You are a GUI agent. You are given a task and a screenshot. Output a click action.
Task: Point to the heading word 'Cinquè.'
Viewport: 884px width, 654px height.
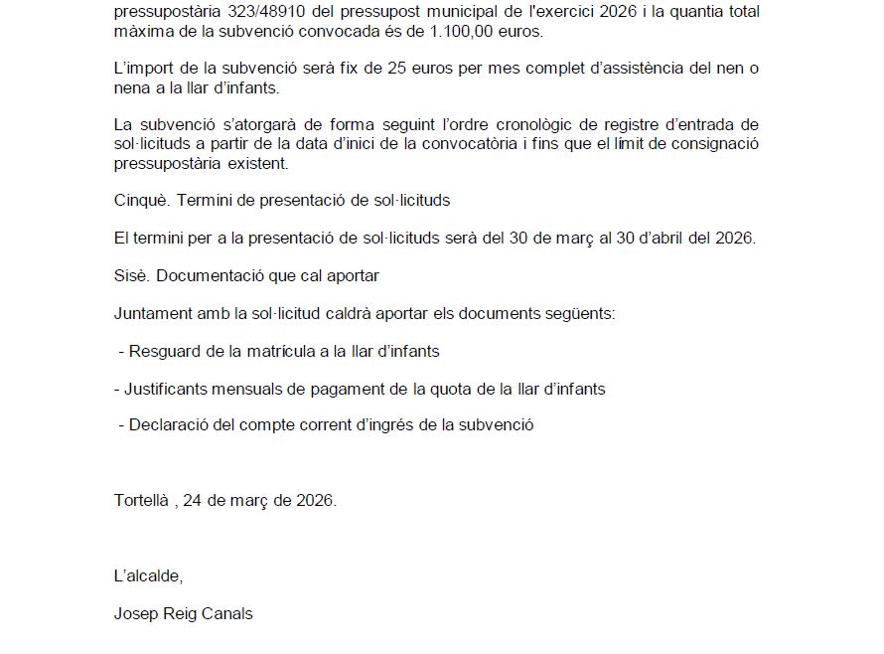click(143, 200)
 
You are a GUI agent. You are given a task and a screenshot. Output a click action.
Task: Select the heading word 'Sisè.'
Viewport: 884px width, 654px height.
click(132, 275)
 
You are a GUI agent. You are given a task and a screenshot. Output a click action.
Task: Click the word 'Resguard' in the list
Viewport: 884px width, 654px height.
click(162, 352)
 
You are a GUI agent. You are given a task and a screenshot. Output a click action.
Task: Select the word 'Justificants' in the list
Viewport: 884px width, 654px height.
click(157, 389)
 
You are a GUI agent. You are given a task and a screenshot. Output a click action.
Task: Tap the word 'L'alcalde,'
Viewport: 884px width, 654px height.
click(149, 575)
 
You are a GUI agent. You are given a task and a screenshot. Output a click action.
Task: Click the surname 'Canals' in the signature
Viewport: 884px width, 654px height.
click(227, 613)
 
